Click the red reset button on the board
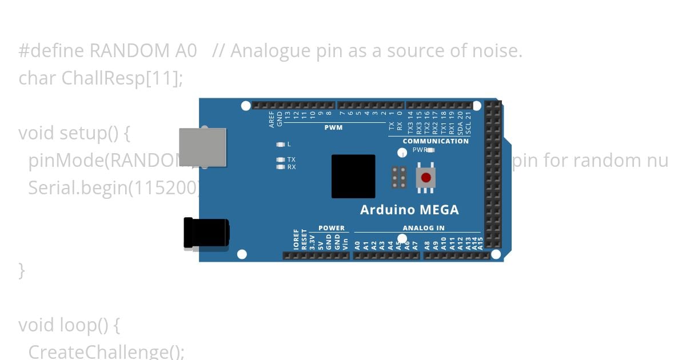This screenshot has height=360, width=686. [425, 177]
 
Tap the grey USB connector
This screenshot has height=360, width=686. [202, 147]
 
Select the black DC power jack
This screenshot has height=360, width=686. [206, 233]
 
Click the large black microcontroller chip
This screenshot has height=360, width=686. [353, 176]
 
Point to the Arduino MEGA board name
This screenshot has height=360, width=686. [409, 210]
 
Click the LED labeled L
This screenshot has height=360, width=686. [280, 145]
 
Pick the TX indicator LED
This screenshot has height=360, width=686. [280, 159]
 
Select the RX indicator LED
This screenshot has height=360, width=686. [280, 167]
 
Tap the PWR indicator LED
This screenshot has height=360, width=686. [431, 150]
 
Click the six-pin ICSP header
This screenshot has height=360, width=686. [399, 177]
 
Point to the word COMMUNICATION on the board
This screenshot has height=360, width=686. [436, 141]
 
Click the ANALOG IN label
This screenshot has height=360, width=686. [424, 228]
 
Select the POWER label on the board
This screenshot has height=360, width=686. [332, 228]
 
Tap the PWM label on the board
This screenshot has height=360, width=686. [333, 127]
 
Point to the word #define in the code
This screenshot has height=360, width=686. [52, 51]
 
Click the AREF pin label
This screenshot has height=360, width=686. [272, 118]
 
